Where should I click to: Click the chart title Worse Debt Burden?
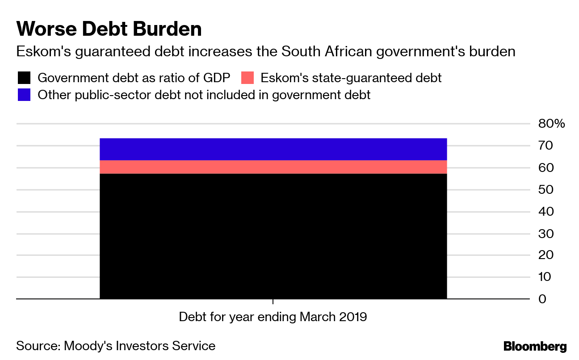tap(109, 29)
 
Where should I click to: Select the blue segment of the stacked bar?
tap(273, 149)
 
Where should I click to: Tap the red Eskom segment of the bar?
tap(273, 167)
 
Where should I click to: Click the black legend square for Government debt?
tap(24, 78)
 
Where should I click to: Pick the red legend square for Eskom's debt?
tap(247, 78)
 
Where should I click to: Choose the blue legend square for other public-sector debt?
tap(24, 95)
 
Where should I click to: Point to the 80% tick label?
tap(551, 124)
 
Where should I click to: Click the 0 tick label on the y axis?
tap(542, 299)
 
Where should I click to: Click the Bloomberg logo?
tap(535, 346)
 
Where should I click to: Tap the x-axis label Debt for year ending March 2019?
tap(273, 317)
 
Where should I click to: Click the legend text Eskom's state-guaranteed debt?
tap(351, 78)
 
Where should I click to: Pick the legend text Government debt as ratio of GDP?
tap(134, 78)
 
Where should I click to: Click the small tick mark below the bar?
tap(273, 302)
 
